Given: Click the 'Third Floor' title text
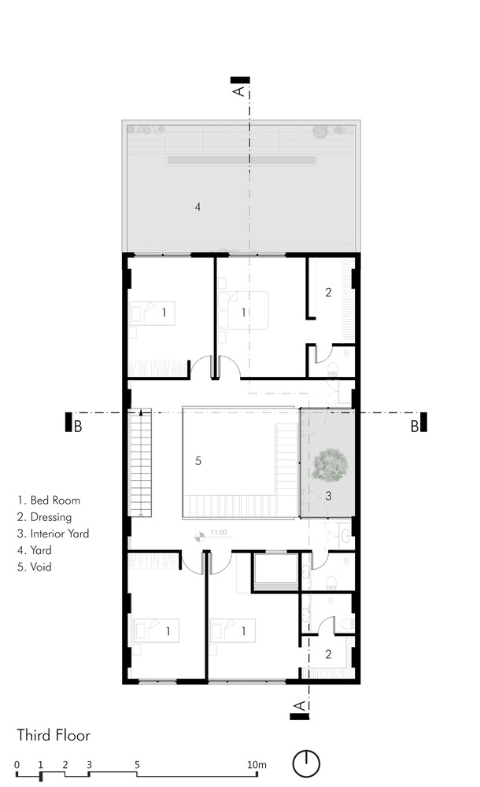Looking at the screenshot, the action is pyautogui.click(x=54, y=735).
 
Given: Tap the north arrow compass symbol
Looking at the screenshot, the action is pyautogui.click(x=306, y=763).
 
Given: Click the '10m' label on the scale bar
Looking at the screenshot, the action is pyautogui.click(x=257, y=765).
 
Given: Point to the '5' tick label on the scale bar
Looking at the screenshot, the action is pyautogui.click(x=137, y=765).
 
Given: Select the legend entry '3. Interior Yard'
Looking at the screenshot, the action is pyautogui.click(x=54, y=534).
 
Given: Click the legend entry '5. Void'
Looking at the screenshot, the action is pyautogui.click(x=34, y=567).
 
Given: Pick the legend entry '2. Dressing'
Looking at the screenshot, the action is pyautogui.click(x=44, y=517).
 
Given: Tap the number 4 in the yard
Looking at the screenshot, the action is pyautogui.click(x=198, y=206).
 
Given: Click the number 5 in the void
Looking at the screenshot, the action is pyautogui.click(x=198, y=460).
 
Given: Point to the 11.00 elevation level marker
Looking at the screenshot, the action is pyautogui.click(x=201, y=537).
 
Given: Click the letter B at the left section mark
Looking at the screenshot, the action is pyautogui.click(x=78, y=427).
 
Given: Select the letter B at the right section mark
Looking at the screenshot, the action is pyautogui.click(x=415, y=427).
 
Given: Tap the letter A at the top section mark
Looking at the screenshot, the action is pyautogui.click(x=239, y=91).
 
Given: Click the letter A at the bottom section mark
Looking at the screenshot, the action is pyautogui.click(x=300, y=706).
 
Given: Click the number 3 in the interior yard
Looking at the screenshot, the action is pyautogui.click(x=328, y=496).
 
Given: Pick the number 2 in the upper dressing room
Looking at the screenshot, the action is pyautogui.click(x=328, y=292).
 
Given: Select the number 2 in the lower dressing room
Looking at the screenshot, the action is pyautogui.click(x=328, y=654).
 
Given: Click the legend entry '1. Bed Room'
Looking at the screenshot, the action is pyautogui.click(x=49, y=501).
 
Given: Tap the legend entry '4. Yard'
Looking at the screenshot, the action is pyautogui.click(x=34, y=550).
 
